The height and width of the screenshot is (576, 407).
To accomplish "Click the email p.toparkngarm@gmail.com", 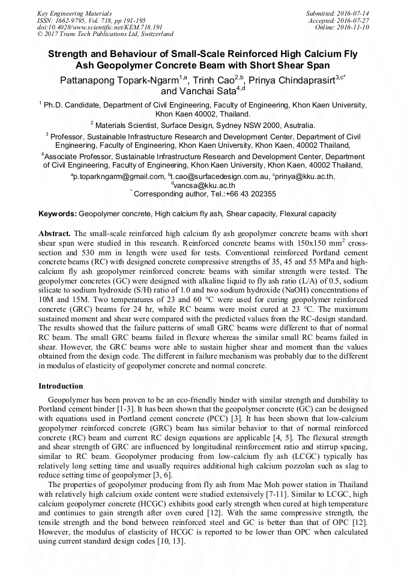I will tap(119, 177).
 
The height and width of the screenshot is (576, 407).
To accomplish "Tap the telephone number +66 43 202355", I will tap(247, 194).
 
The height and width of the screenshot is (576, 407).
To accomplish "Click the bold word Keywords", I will tap(57, 214).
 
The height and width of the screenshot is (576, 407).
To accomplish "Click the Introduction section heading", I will tap(61, 386).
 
